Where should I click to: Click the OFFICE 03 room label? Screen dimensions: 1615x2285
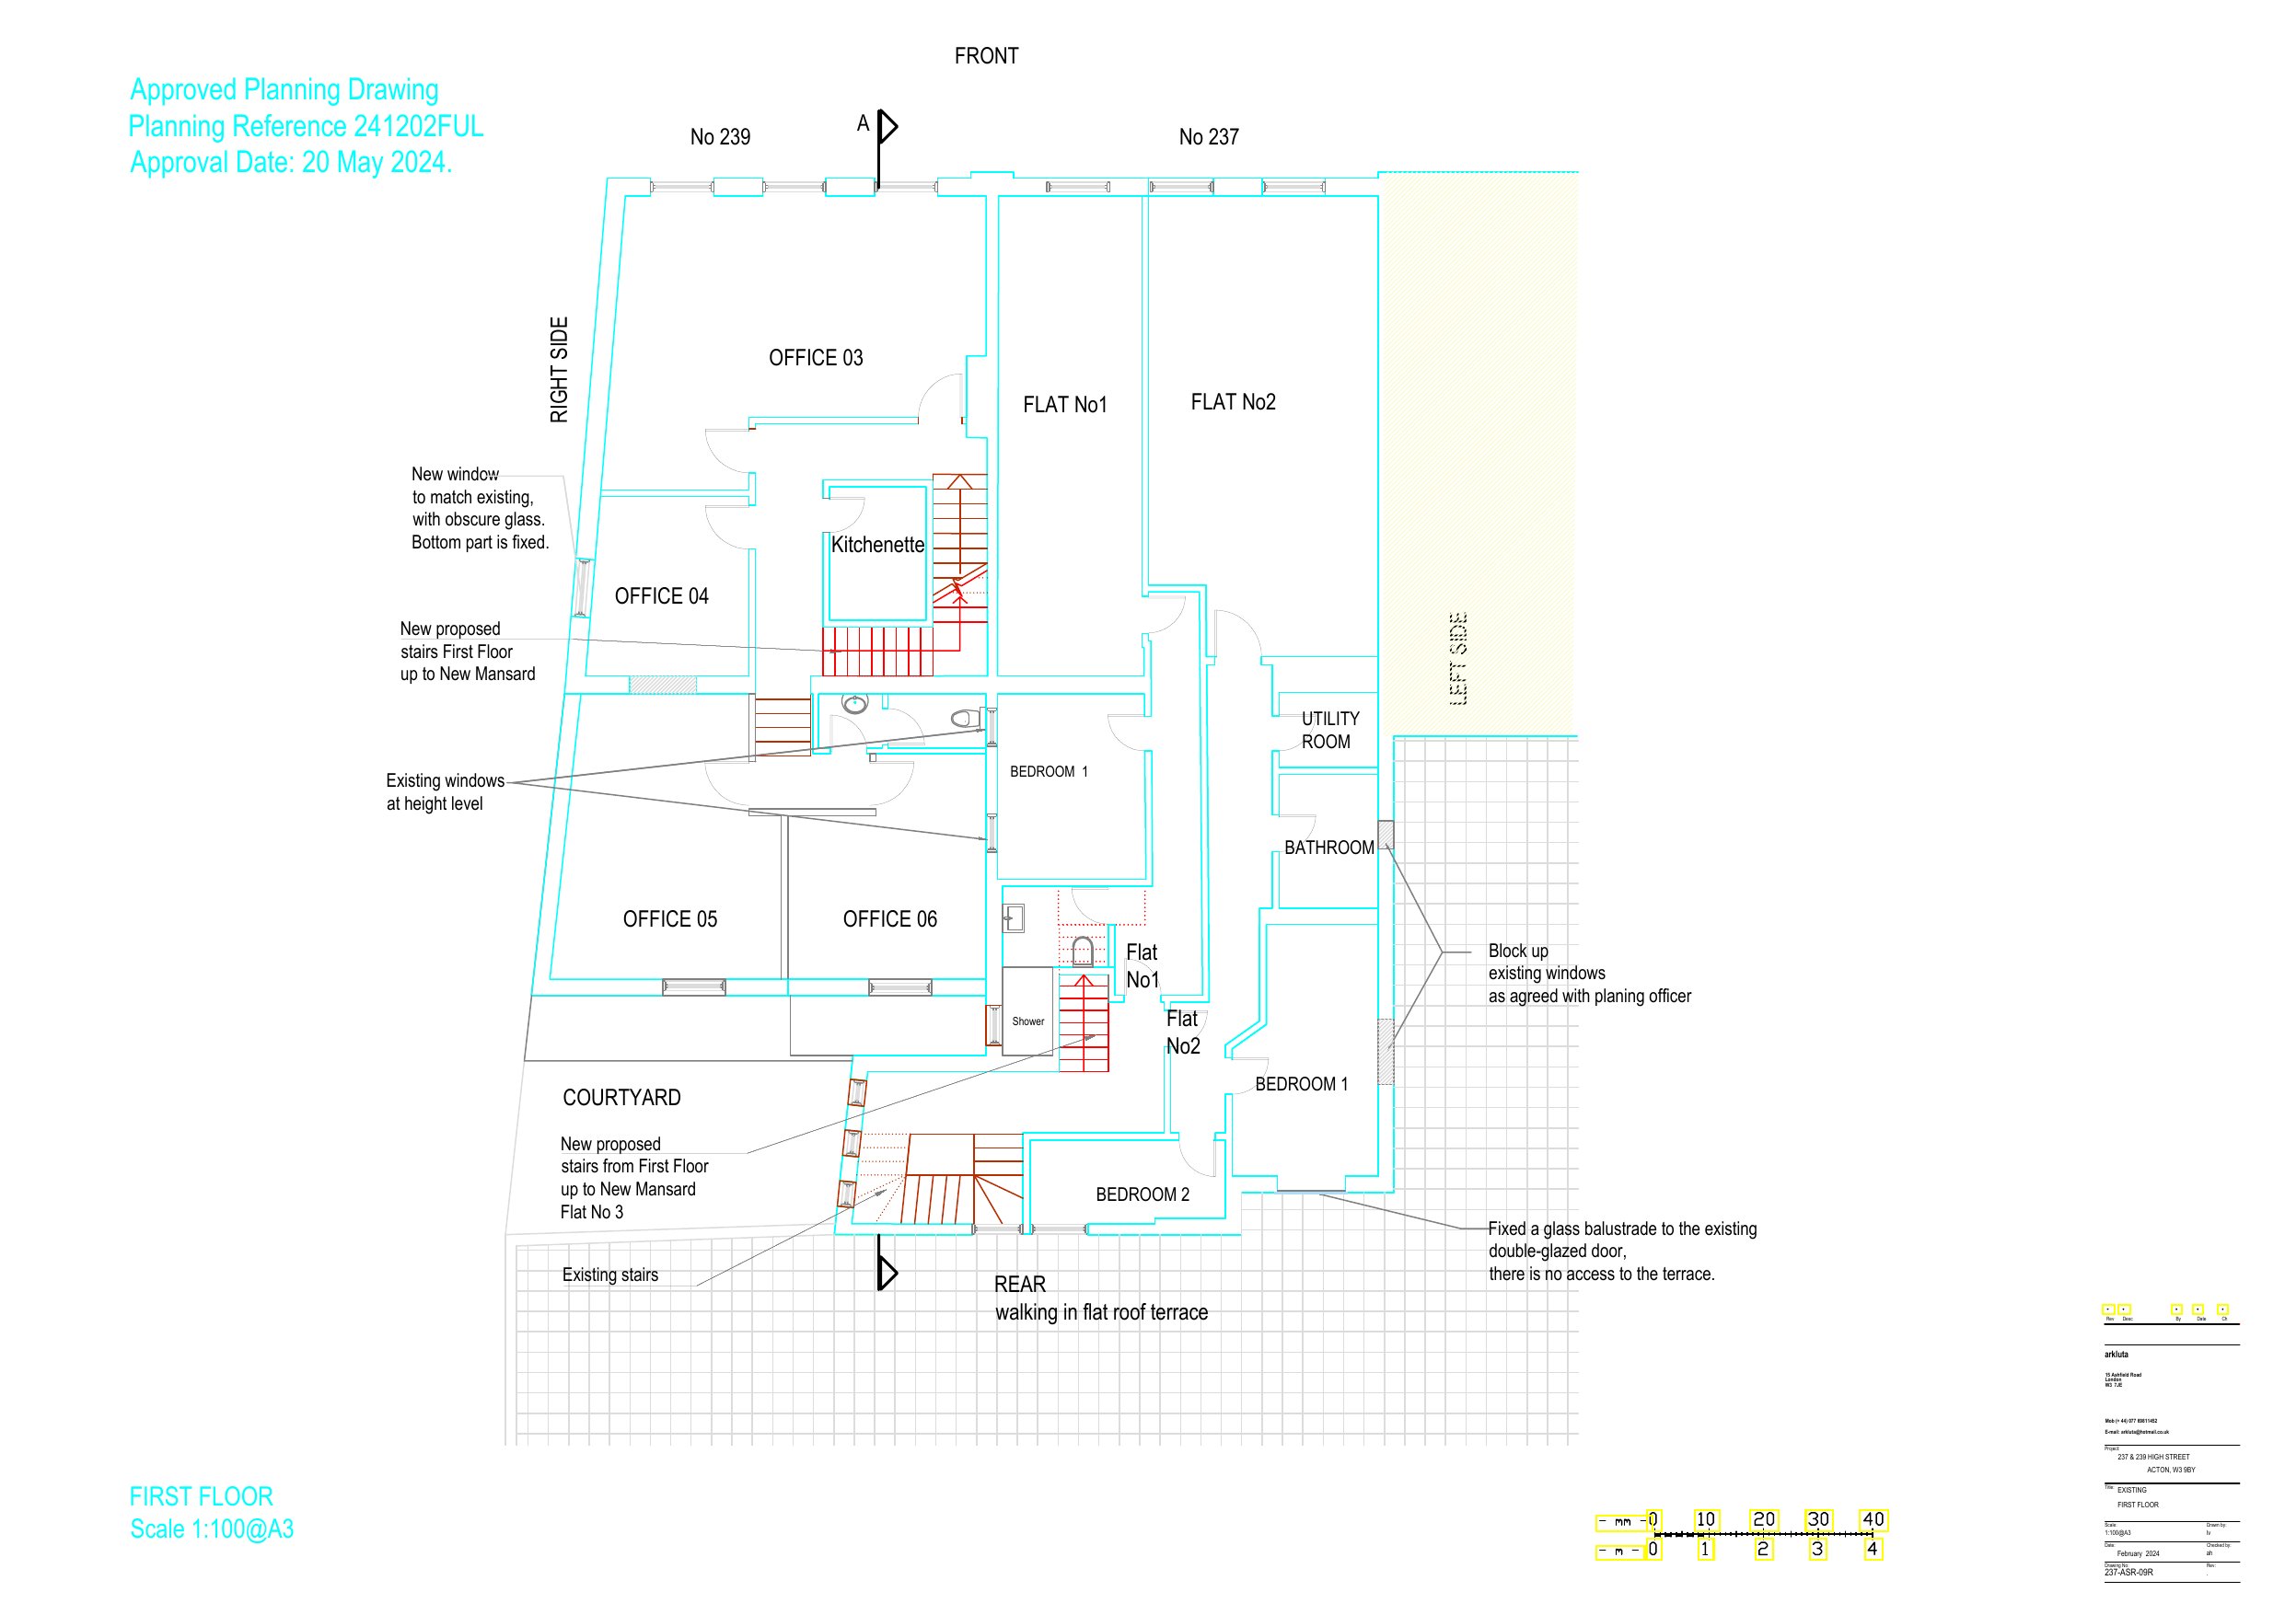(x=815, y=358)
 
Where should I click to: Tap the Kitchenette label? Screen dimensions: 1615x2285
(x=876, y=546)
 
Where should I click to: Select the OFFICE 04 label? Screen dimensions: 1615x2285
(x=661, y=596)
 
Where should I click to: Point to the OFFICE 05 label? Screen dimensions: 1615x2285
(x=670, y=919)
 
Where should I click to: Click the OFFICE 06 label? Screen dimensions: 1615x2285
(x=889, y=919)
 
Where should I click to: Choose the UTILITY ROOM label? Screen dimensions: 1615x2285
(x=1328, y=731)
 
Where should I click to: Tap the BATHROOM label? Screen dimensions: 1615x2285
(x=1328, y=848)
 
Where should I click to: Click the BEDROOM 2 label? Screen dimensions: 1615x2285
(x=1142, y=1195)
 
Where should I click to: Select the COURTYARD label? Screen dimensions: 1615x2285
(x=622, y=1099)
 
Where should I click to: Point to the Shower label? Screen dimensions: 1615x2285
(x=1028, y=1022)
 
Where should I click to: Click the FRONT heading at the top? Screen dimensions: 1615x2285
(x=986, y=57)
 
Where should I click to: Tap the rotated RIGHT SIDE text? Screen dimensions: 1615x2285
(x=560, y=370)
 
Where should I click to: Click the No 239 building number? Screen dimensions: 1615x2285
(x=721, y=137)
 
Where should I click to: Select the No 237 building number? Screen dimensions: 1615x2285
(x=1208, y=137)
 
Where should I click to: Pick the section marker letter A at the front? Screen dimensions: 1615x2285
(x=863, y=123)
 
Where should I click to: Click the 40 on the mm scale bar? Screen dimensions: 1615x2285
(x=1873, y=1519)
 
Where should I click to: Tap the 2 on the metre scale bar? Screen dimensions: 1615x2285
(x=1762, y=1550)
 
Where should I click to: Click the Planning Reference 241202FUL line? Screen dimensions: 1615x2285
(x=306, y=126)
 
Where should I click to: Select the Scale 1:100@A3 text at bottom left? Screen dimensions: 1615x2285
(x=212, y=1529)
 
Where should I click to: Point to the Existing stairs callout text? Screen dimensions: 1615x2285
(x=610, y=1275)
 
